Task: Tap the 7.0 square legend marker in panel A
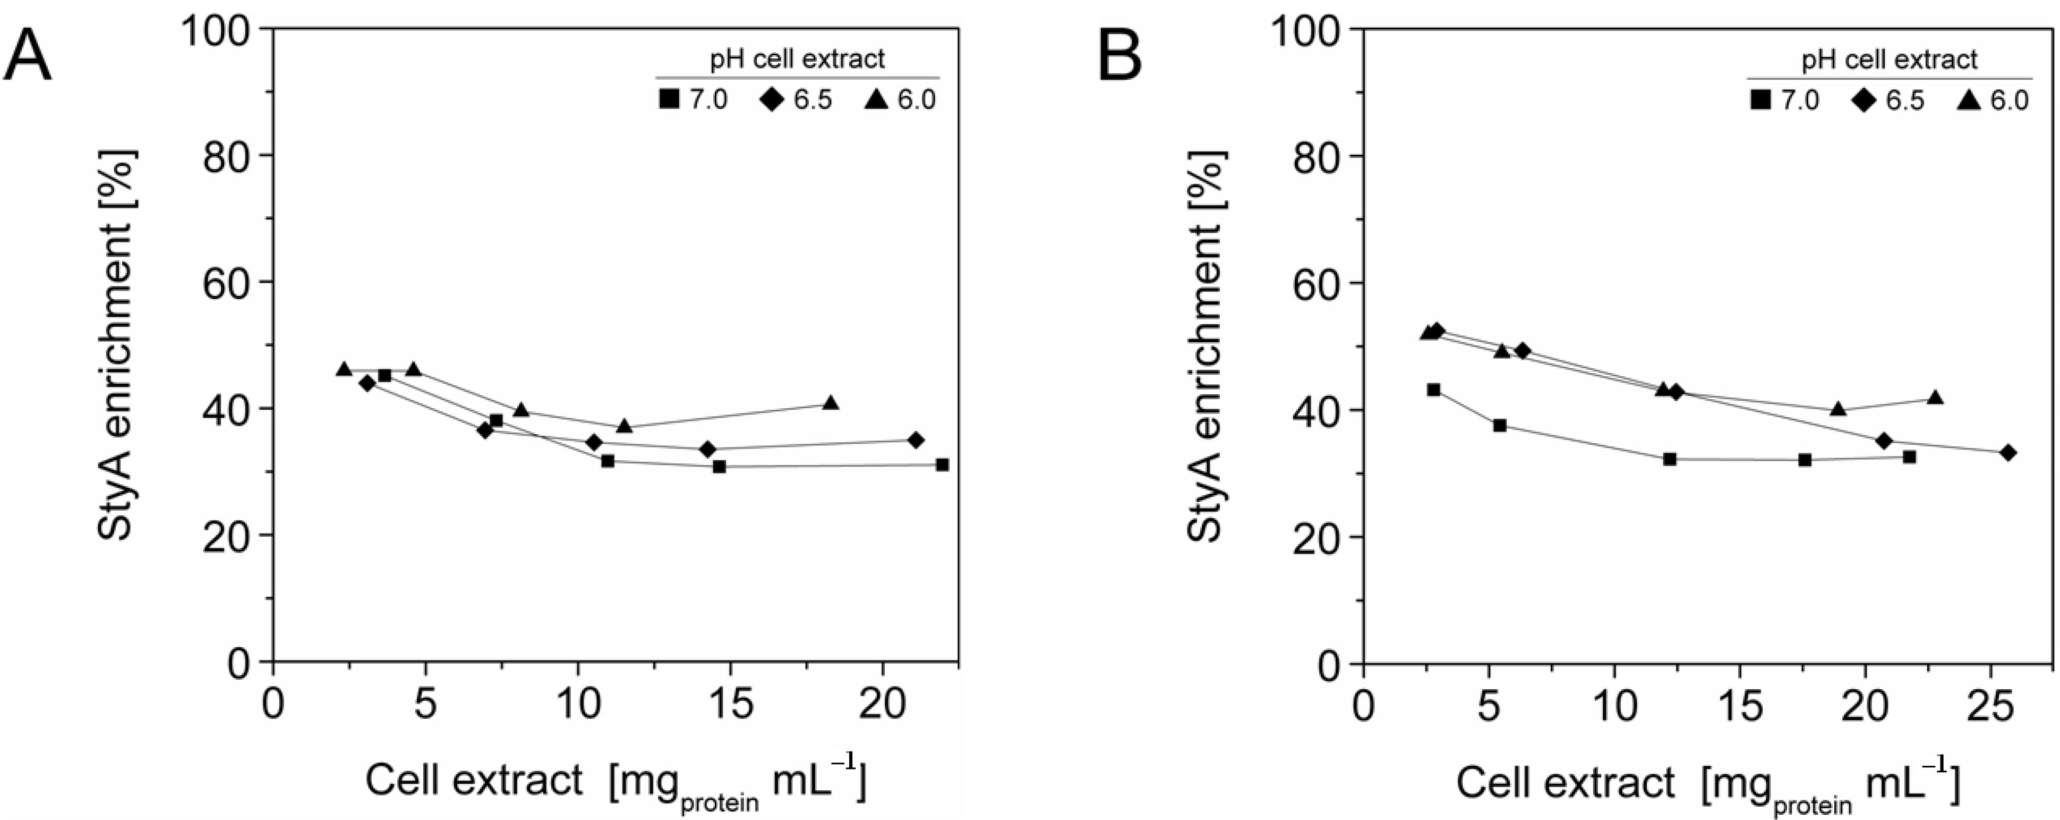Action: click(669, 100)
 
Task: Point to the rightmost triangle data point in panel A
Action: click(831, 402)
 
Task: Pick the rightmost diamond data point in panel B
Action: click(2007, 453)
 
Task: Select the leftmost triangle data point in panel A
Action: click(344, 369)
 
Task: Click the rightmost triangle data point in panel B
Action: click(1935, 398)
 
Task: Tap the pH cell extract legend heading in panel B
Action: click(1889, 59)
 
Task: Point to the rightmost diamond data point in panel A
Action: click(916, 440)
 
